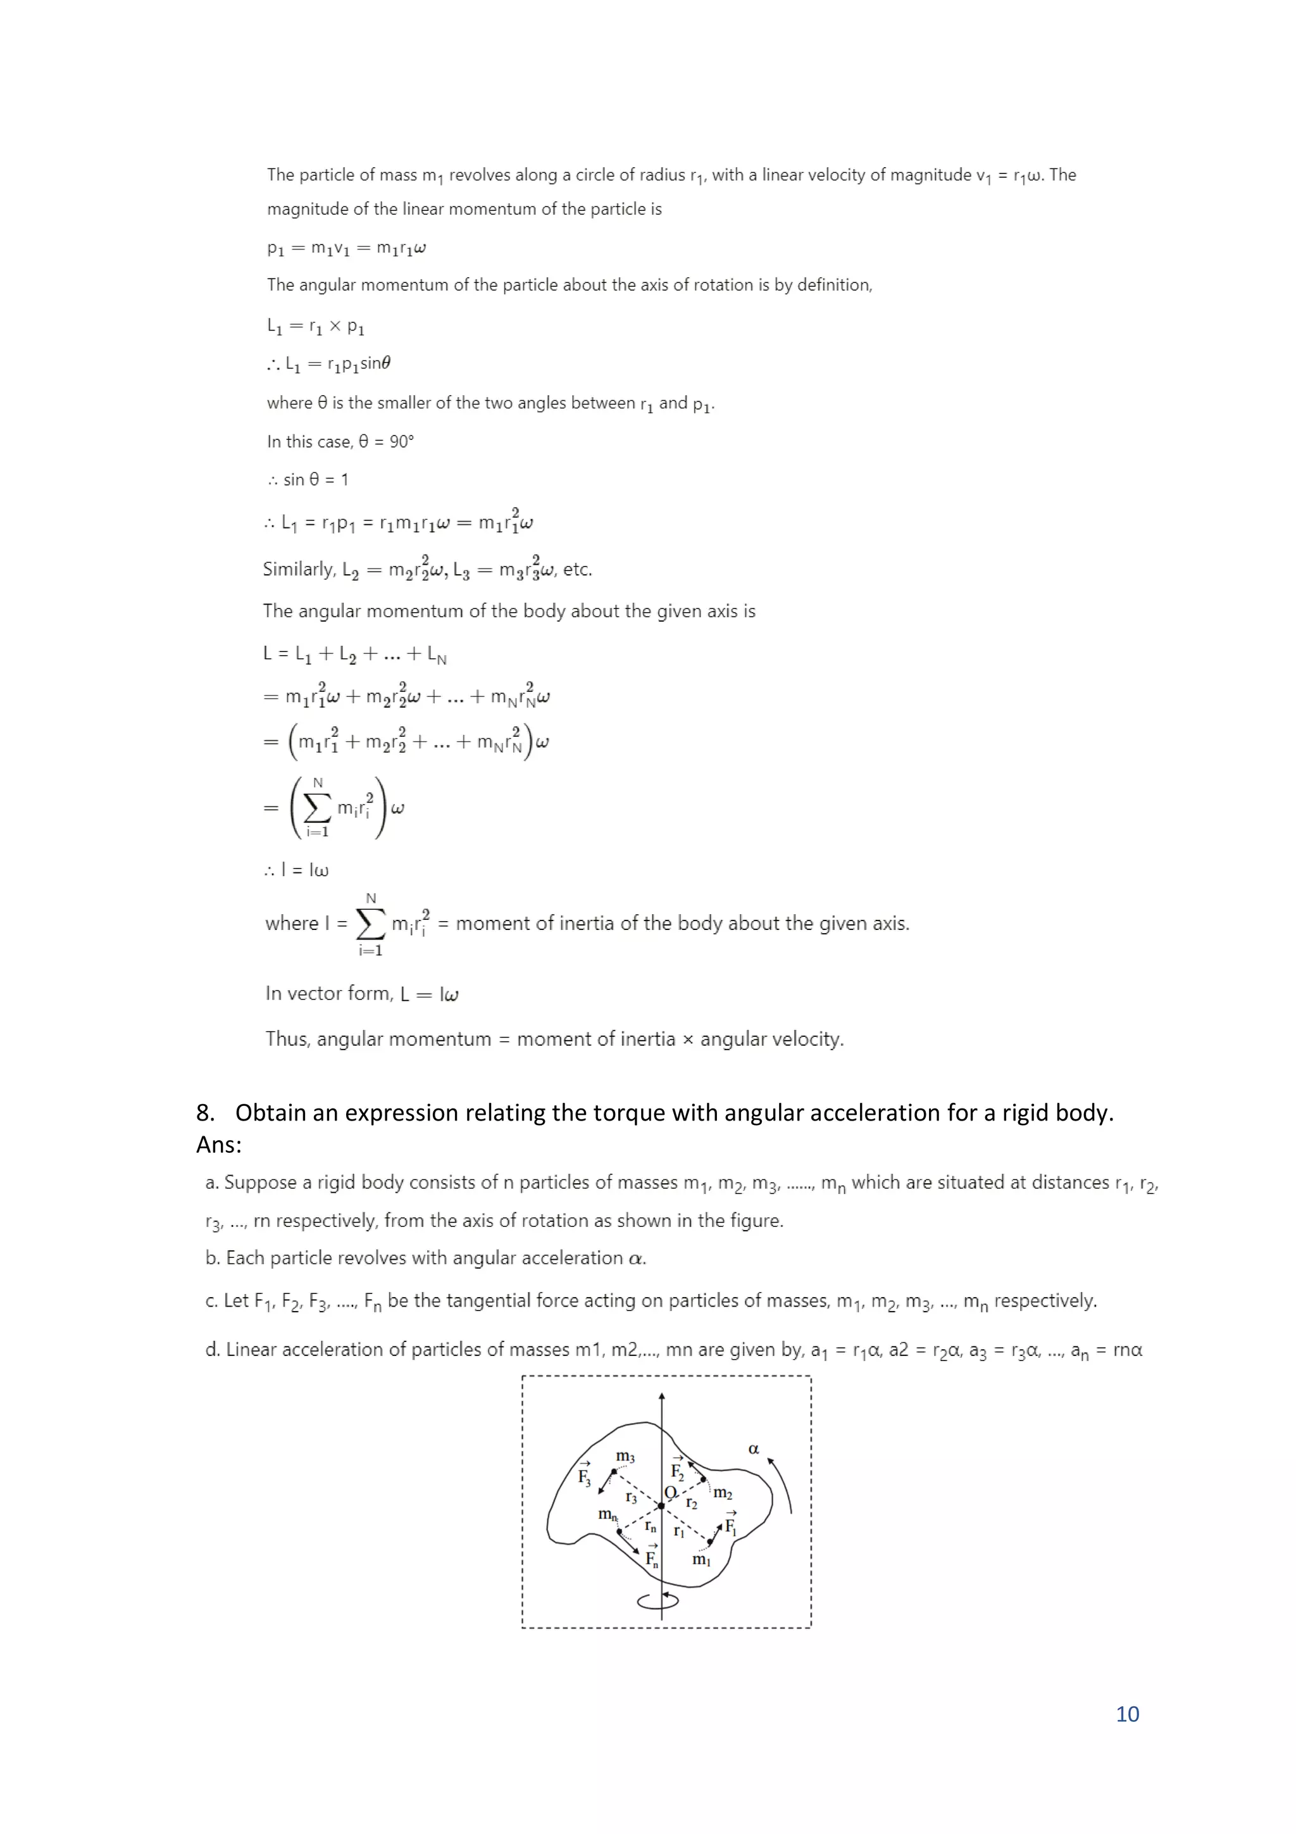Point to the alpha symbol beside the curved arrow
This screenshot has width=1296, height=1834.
753,1449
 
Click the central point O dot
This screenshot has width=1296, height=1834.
661,1505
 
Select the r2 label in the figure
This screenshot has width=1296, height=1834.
692,1504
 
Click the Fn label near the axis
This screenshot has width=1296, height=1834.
652,1557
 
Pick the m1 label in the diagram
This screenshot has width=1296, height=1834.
701,1559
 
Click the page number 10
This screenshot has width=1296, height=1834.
1126,1714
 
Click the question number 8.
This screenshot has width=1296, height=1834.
204,1113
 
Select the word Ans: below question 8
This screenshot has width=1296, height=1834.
219,1145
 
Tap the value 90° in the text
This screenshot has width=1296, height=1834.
402,442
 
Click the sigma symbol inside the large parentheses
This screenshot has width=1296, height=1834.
318,808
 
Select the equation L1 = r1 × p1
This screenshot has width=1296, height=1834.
315,326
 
